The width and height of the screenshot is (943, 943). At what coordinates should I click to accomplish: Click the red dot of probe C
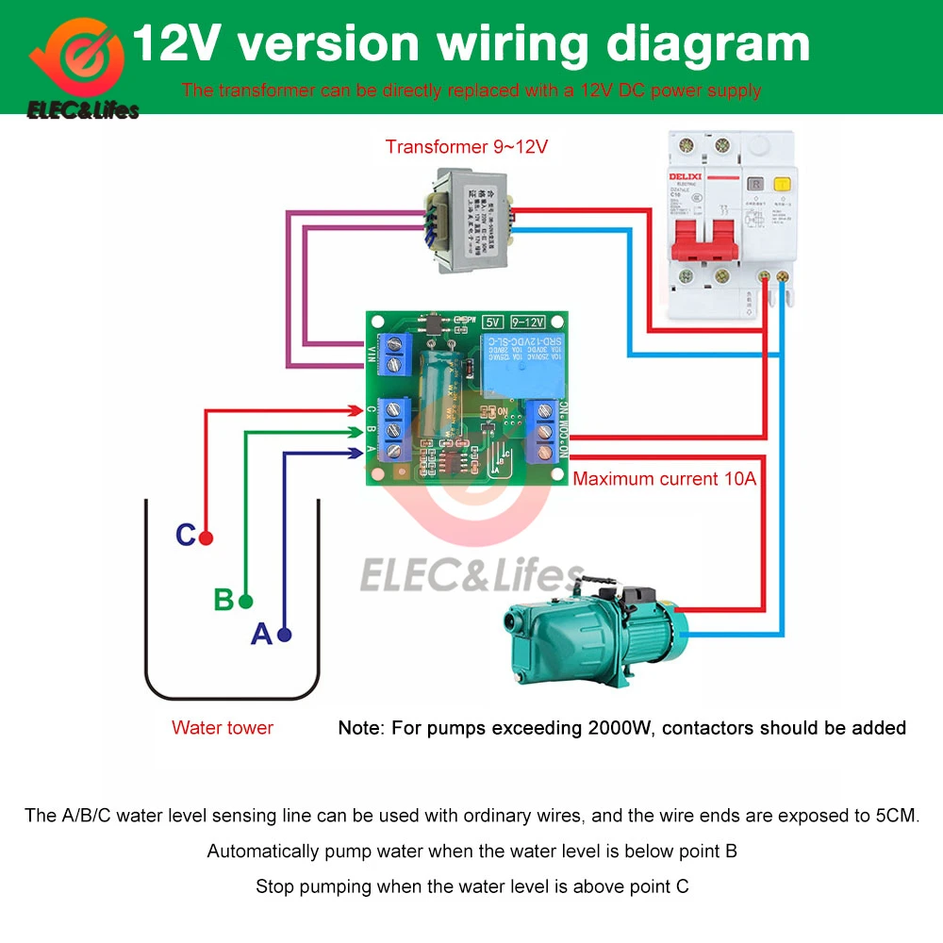point(206,538)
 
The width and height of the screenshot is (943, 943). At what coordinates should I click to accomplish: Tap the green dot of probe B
point(246,601)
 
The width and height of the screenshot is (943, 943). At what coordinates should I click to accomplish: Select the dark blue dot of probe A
point(285,635)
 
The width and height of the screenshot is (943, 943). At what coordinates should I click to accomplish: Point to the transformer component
point(469,220)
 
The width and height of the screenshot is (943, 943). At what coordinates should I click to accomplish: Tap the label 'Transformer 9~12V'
point(466,147)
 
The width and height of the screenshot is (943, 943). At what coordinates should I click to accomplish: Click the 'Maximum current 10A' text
point(665,478)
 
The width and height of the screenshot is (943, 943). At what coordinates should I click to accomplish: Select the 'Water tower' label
point(223,727)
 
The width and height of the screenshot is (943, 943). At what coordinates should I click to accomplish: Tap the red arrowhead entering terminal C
point(356,410)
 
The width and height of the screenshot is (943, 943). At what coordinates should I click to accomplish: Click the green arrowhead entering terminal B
point(356,432)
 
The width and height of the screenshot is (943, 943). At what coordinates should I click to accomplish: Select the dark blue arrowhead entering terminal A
point(356,454)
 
